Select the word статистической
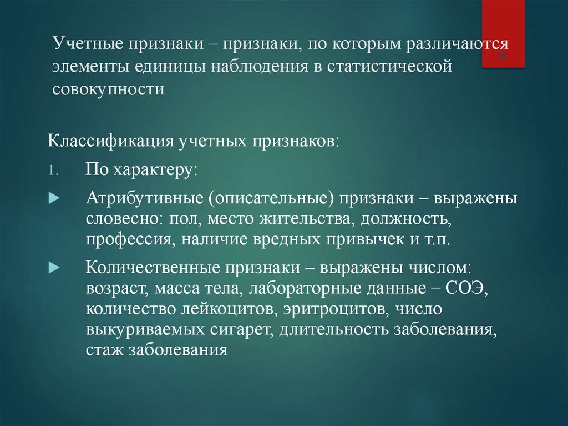(387, 67)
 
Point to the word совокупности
(109, 89)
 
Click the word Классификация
(110, 140)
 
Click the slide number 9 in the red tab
(503, 58)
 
